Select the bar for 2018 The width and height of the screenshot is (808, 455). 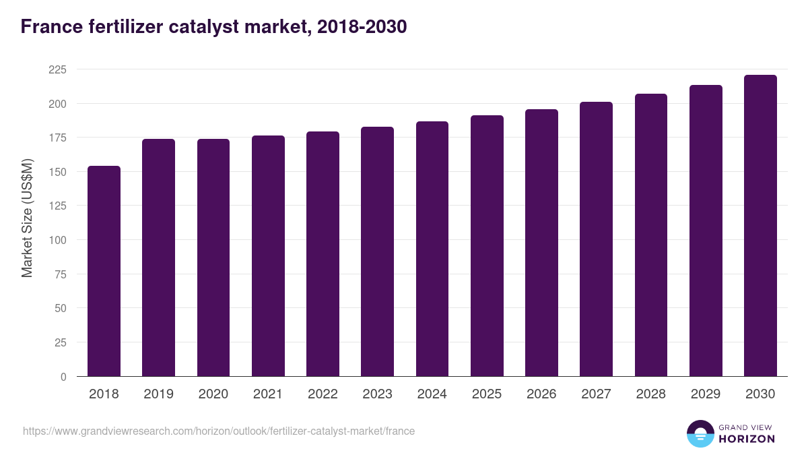click(104, 271)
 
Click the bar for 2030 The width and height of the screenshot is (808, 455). click(760, 226)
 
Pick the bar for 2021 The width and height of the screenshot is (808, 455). click(268, 256)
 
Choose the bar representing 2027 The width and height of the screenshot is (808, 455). click(596, 239)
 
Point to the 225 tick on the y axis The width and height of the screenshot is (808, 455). click(58, 69)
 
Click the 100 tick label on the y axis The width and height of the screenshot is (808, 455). click(58, 240)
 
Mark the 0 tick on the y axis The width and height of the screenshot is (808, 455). click(63, 377)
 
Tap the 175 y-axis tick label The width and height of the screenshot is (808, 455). click(58, 138)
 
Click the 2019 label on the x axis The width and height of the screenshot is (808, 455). click(158, 394)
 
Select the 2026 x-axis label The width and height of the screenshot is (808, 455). click(541, 394)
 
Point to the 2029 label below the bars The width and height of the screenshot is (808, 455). click(706, 394)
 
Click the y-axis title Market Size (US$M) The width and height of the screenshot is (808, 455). click(27, 218)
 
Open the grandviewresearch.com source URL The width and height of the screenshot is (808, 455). click(219, 431)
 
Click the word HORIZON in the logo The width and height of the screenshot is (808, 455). click(746, 439)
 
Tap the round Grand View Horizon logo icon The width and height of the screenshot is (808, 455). click(700, 433)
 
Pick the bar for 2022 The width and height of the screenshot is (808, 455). click(323, 254)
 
